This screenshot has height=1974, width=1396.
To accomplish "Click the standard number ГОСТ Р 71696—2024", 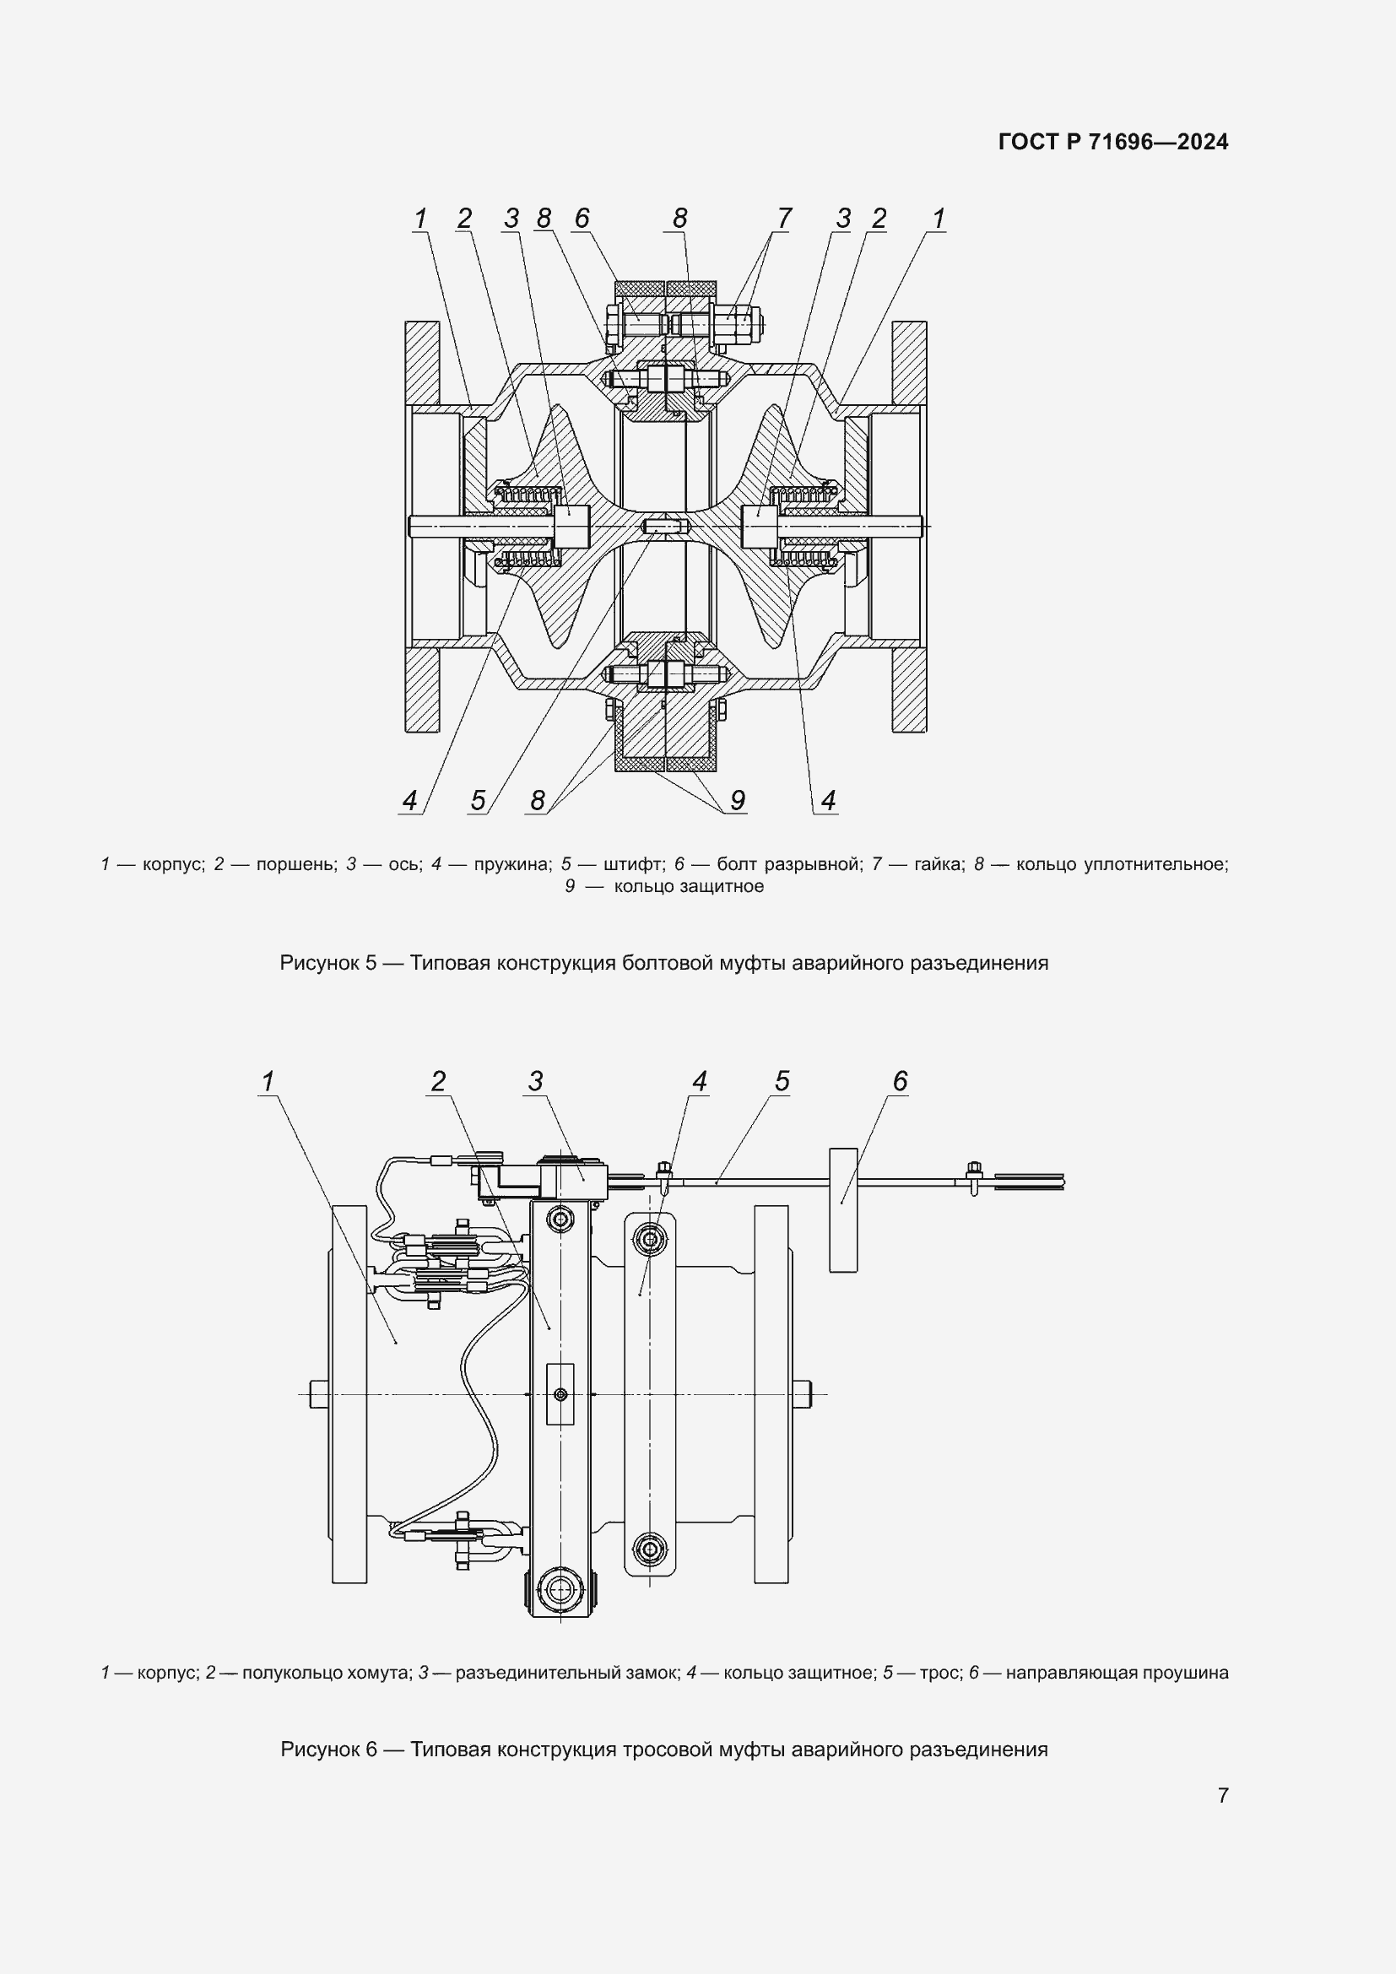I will coord(1113,142).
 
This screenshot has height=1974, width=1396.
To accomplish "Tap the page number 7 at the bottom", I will coord(1222,1795).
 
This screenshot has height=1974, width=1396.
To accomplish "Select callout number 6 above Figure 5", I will coord(582,219).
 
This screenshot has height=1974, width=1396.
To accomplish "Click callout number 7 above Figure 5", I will coord(783,219).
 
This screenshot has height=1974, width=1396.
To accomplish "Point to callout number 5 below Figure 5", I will coord(478,800).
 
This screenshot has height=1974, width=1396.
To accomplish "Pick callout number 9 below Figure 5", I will coord(737,800).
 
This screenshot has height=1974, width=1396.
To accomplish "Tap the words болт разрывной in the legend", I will coord(788,864).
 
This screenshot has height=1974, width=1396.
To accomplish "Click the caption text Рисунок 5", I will coord(327,963).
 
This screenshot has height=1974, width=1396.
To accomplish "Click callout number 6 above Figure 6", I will coord(900,1082).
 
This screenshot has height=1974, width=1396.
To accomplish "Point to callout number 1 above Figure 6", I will coord(268,1082).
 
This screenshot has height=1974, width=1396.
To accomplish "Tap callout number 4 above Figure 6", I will coord(699,1082).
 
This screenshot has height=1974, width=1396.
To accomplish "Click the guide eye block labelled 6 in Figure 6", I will coord(843,1210).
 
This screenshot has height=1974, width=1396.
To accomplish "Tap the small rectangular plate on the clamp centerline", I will coord(560,1393).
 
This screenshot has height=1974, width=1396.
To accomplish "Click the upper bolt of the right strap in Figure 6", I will coord(650,1239).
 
